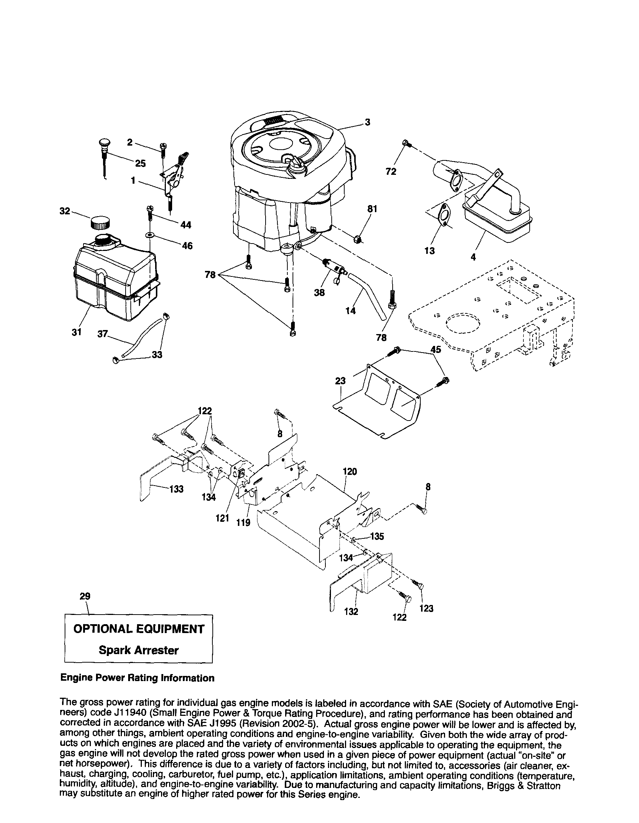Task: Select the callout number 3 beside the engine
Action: (x=367, y=122)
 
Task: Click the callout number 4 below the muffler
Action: (x=473, y=257)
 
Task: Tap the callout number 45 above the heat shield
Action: (x=435, y=350)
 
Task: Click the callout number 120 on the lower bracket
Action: (x=350, y=472)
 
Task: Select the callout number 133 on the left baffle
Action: (x=176, y=489)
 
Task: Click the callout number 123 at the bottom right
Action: (x=426, y=608)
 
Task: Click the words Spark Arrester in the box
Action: (x=138, y=650)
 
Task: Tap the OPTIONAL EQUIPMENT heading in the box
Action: (x=138, y=629)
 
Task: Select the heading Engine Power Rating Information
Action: (x=137, y=678)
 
